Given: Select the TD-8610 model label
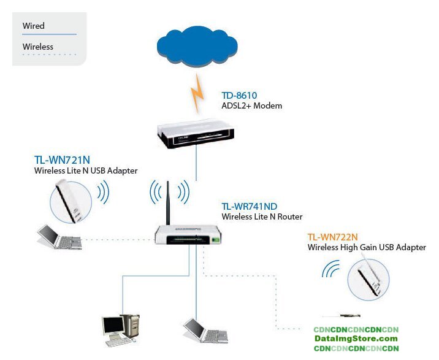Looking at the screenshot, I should point(239,96).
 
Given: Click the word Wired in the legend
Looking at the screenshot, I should point(33,26).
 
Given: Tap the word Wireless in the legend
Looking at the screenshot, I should point(37,47).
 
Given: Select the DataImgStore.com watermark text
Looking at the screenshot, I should point(356,339).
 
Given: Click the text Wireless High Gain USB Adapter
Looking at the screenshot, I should point(367,247).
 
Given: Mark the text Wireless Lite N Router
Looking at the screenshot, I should point(262,216).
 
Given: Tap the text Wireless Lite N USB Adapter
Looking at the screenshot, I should point(86,170).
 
